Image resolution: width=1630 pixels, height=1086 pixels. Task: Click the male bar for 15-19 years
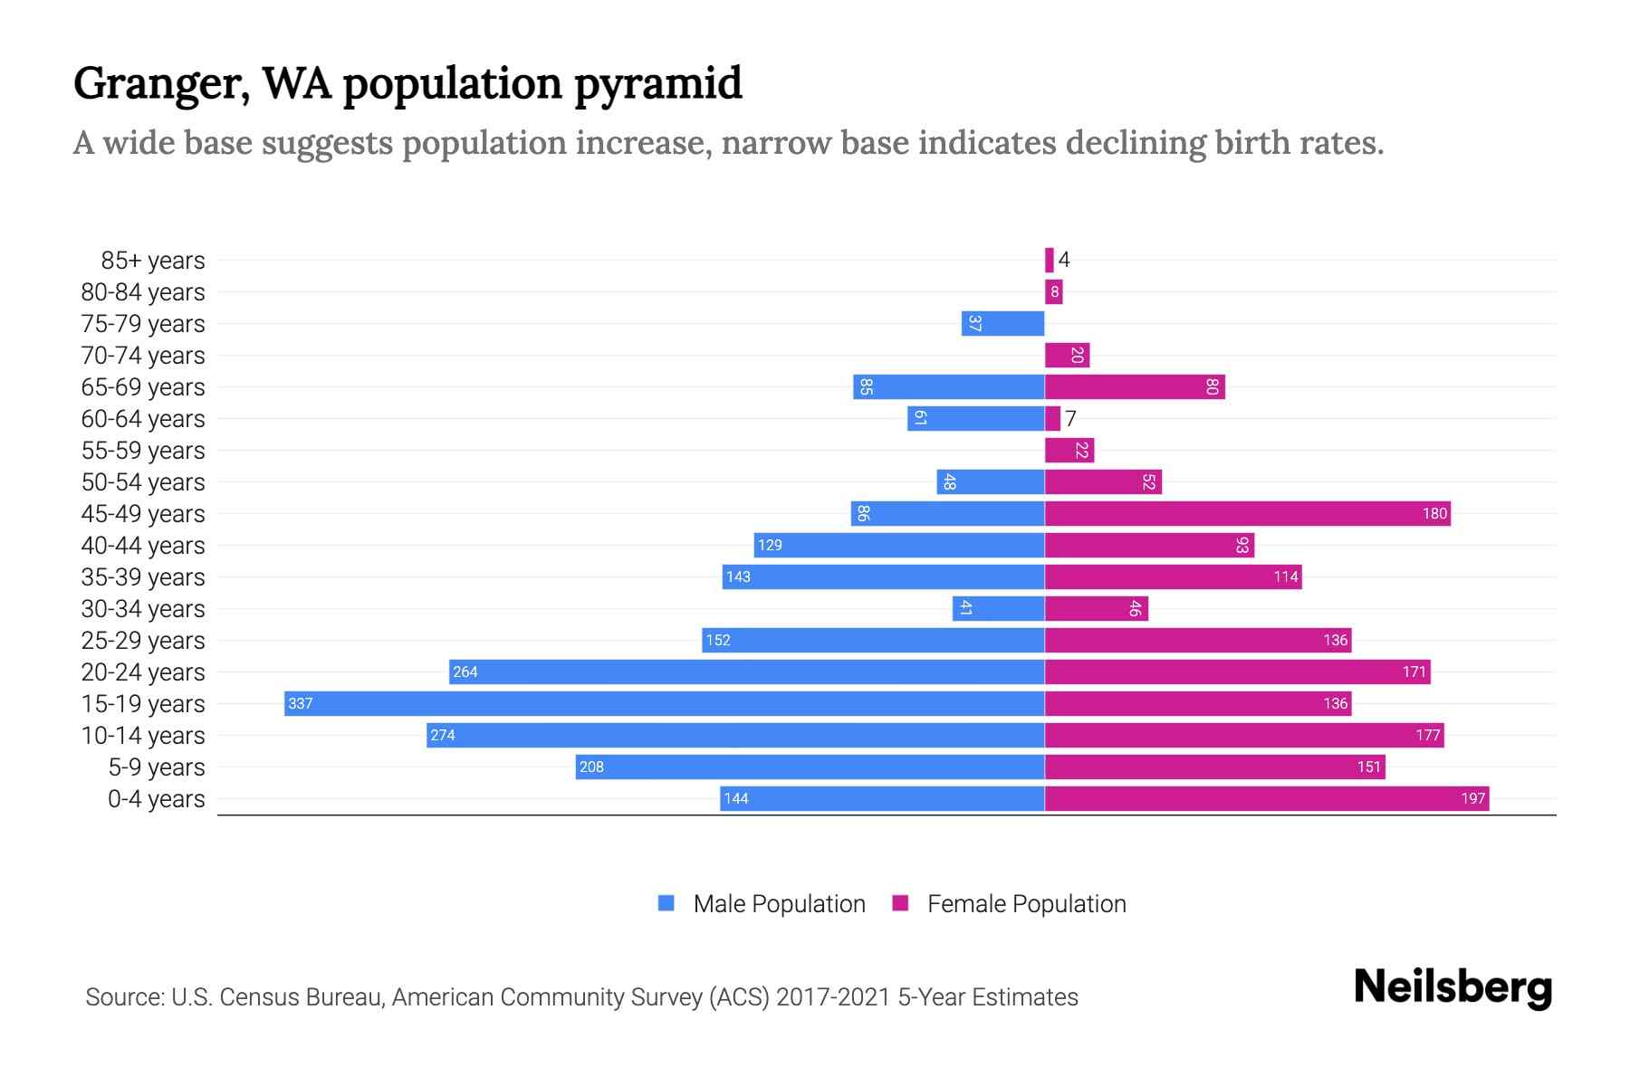664,703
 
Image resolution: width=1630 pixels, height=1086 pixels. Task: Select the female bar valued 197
1266,798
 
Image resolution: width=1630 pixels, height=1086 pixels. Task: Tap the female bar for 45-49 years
1247,513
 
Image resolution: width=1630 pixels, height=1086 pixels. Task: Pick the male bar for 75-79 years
1002,323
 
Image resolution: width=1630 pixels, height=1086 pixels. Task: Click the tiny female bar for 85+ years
1050,260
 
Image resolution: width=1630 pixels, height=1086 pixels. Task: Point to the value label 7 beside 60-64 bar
1070,418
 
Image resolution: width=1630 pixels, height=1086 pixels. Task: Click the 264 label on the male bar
465,672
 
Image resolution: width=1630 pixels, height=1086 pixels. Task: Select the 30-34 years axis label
143,608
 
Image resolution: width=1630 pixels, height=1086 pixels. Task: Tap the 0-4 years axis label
156,798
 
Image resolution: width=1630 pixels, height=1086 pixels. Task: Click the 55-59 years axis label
143,450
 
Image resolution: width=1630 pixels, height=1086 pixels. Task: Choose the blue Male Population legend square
666,903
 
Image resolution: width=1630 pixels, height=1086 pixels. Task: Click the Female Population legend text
1026,903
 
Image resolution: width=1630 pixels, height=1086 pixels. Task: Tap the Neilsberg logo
1453,986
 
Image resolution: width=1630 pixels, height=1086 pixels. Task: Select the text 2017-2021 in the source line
832,996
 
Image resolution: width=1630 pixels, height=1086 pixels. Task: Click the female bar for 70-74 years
1067,355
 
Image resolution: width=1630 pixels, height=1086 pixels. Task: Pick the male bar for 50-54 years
990,481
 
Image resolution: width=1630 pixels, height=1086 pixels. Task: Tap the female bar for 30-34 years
1096,608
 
